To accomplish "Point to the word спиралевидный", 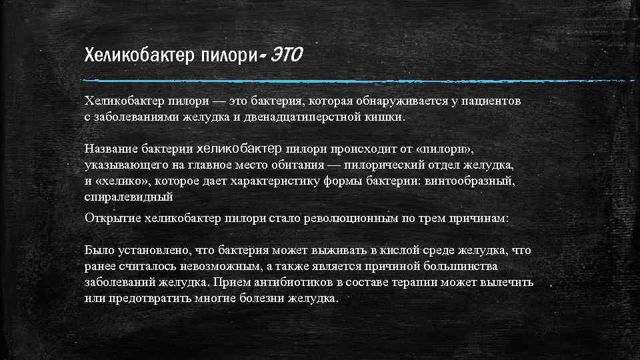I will coord(129,197).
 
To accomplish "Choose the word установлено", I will coord(146,250).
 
